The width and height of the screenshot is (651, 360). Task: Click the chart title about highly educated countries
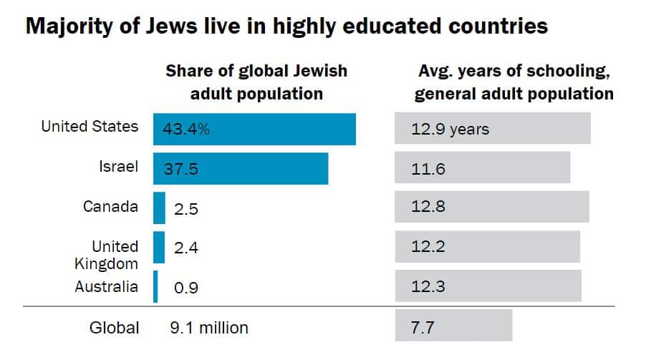[286, 26]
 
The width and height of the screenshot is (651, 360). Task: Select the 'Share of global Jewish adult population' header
[256, 82]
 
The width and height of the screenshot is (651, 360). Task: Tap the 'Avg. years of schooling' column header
[515, 82]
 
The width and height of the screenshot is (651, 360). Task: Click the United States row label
[90, 127]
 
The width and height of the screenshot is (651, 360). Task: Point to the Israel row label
[118, 167]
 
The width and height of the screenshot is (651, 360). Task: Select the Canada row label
[110, 207]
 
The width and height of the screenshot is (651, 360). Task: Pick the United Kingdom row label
[107, 255]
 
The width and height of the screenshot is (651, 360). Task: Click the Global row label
[114, 328]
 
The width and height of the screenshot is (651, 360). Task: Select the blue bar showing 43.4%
[254, 130]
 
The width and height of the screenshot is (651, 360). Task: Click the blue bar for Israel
[240, 169]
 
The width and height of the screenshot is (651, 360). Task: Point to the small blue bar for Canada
[159, 208]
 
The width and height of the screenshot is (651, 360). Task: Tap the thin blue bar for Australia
[155, 287]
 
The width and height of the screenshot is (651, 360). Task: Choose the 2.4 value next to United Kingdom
[185, 248]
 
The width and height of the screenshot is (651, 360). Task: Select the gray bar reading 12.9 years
[492, 130]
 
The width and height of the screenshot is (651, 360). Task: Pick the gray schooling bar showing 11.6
[482, 169]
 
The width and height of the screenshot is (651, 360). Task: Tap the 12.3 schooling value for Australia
[428, 287]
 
